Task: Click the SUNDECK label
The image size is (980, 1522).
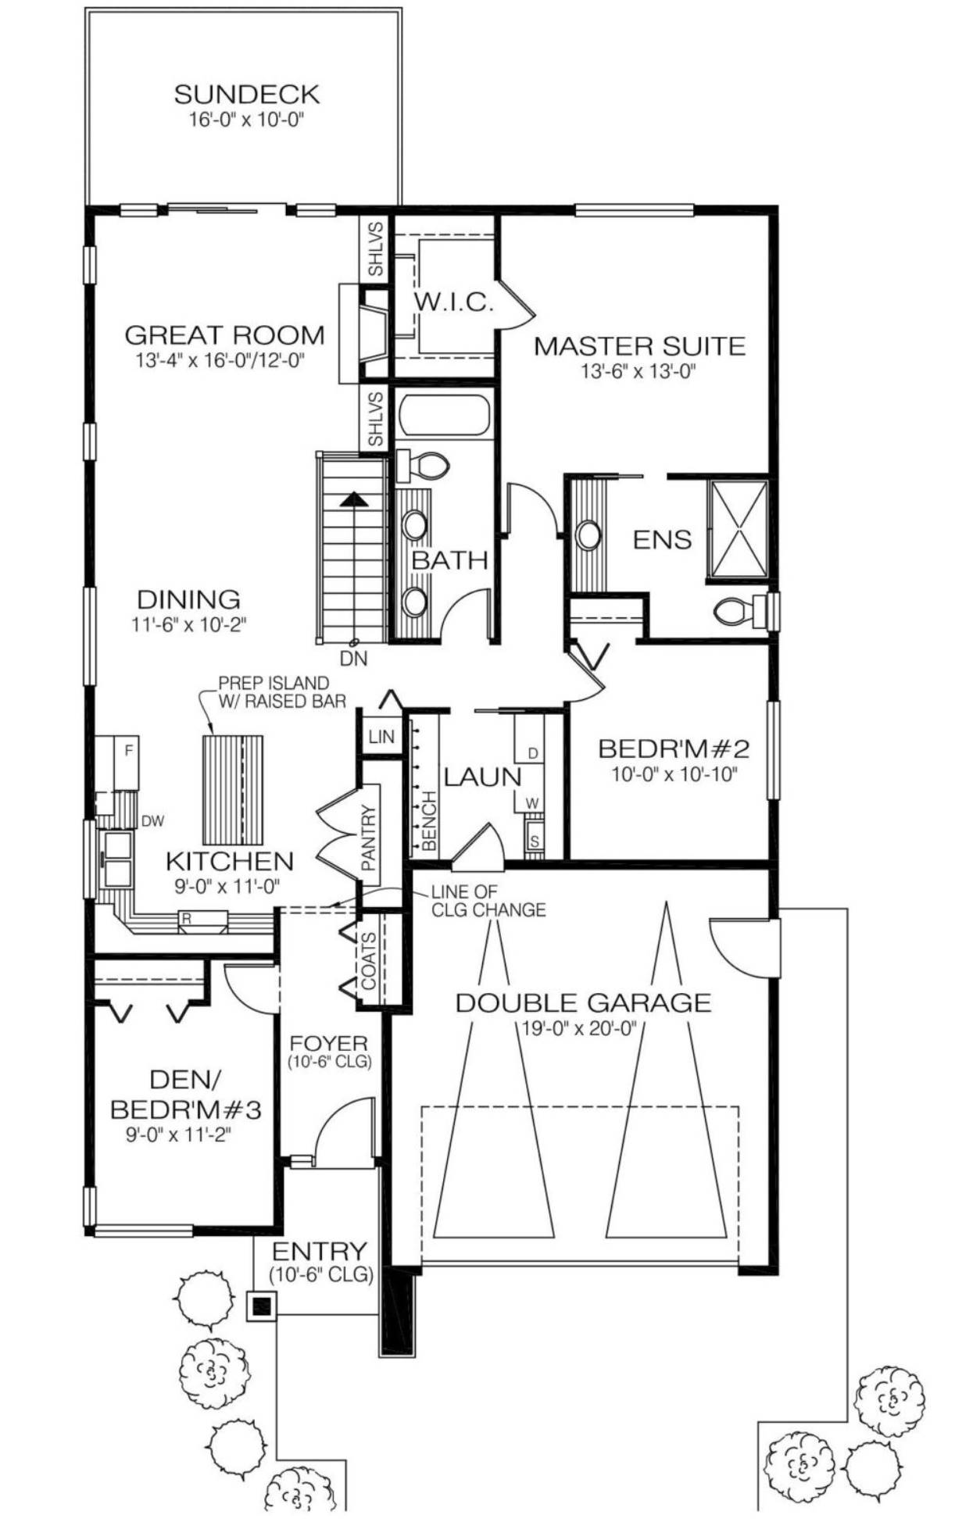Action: pos(247,94)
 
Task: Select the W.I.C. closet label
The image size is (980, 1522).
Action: pos(453,302)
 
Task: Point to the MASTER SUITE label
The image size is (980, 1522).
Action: pos(639,345)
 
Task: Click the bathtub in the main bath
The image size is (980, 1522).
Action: pos(444,415)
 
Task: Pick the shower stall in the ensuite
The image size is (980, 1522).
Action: pos(738,530)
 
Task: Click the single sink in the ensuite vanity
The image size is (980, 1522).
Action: pos(588,535)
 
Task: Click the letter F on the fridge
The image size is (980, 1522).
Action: pos(129,751)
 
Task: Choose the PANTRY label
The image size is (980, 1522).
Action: pos(369,838)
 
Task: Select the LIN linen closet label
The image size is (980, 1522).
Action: pos(381,736)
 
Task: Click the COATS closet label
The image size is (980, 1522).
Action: pos(369,960)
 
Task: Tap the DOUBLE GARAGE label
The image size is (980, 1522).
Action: pos(584,1002)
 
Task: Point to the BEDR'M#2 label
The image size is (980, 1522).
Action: pos(674,748)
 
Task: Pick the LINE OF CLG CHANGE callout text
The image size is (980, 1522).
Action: pos(488,900)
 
